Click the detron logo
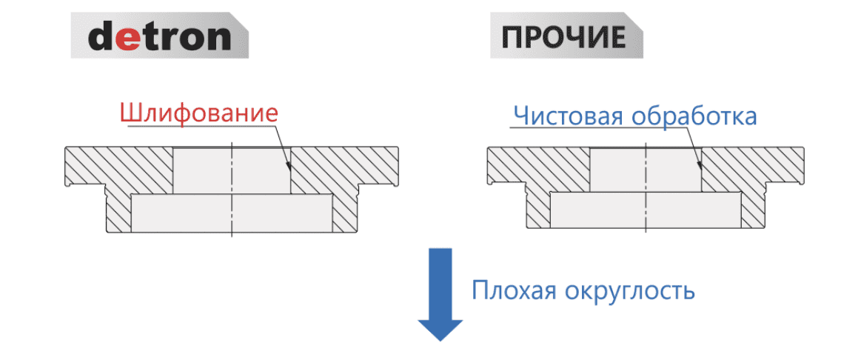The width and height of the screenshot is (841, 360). coord(159,37)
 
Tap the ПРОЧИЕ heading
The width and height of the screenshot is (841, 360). coord(566,37)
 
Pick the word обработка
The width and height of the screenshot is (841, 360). coord(694,116)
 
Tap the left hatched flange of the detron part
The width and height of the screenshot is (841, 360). coord(118,166)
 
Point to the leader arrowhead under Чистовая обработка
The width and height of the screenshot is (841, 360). coord(700,164)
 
